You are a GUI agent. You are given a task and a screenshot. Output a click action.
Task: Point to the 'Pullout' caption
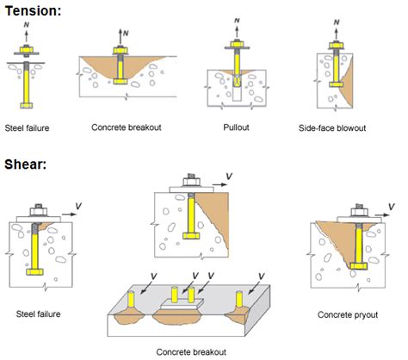tap(234, 127)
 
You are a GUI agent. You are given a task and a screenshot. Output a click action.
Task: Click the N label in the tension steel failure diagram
tap(28, 27)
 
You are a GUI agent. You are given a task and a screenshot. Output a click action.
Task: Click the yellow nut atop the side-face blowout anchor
tap(333, 48)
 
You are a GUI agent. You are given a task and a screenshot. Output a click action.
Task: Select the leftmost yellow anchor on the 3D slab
tap(132, 300)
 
